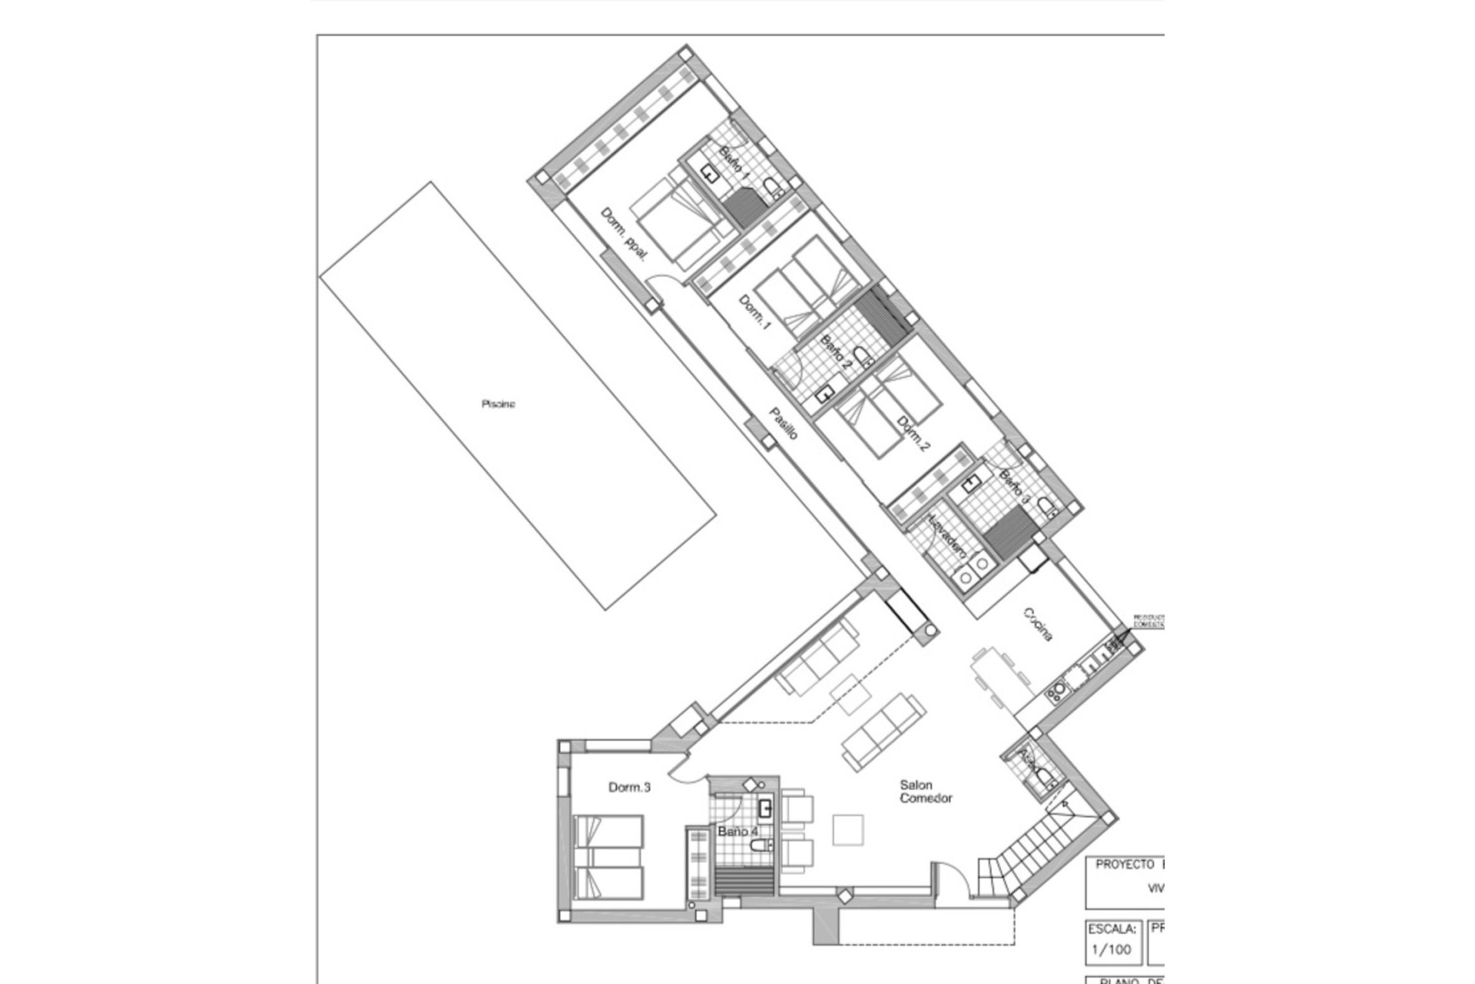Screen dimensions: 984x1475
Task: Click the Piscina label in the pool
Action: pyautogui.click(x=498, y=404)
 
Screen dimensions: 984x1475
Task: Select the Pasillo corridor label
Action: pyautogui.click(x=784, y=424)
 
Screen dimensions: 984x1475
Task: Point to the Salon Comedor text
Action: pyautogui.click(x=926, y=791)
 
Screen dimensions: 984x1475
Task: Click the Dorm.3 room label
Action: pyautogui.click(x=629, y=787)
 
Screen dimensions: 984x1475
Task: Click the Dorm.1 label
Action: pyautogui.click(x=754, y=312)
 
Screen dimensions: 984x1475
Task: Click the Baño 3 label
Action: pyautogui.click(x=1014, y=487)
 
